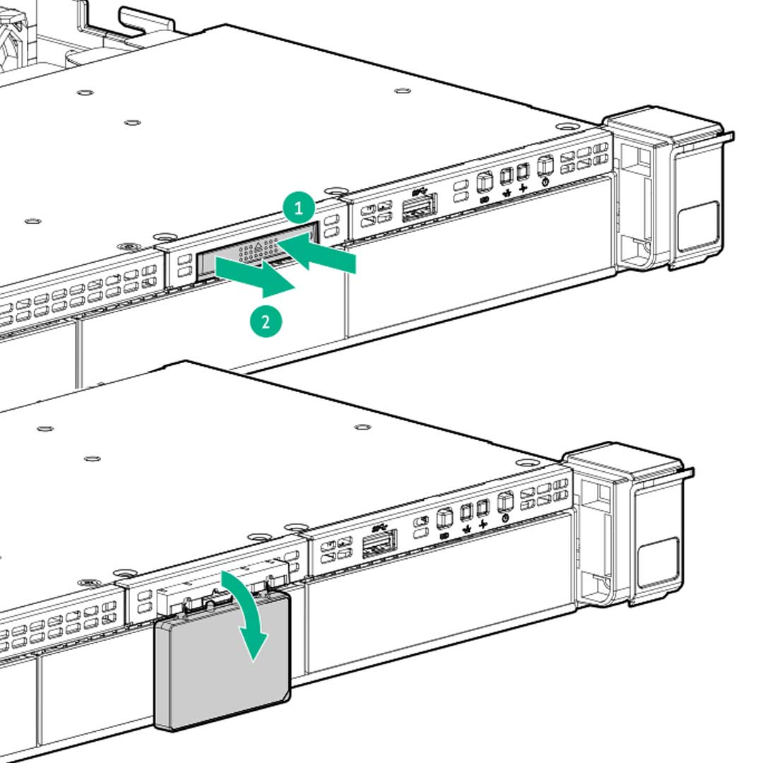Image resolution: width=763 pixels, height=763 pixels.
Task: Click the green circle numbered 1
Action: pos(299,208)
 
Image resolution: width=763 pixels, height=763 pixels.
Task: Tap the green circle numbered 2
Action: pos(266,321)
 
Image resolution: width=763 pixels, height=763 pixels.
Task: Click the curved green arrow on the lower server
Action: pos(247,615)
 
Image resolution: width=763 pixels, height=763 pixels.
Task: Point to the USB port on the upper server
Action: pos(419,208)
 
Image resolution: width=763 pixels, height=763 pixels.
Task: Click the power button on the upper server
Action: pos(544,166)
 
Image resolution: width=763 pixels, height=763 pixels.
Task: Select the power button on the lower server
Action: pos(504,502)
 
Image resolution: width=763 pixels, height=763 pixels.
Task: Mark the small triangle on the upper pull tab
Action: pos(259,246)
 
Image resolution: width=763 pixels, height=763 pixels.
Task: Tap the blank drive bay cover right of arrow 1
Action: pos(480,254)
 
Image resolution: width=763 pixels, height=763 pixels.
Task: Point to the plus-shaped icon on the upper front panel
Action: pos(523,187)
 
